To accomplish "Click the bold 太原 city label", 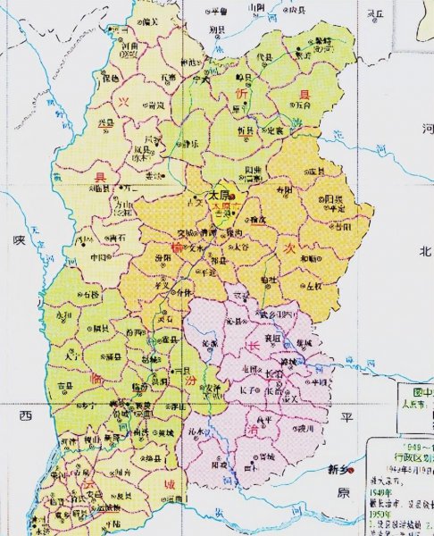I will point(219,194).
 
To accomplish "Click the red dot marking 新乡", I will point(354,469).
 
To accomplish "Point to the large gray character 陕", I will point(16,240).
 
